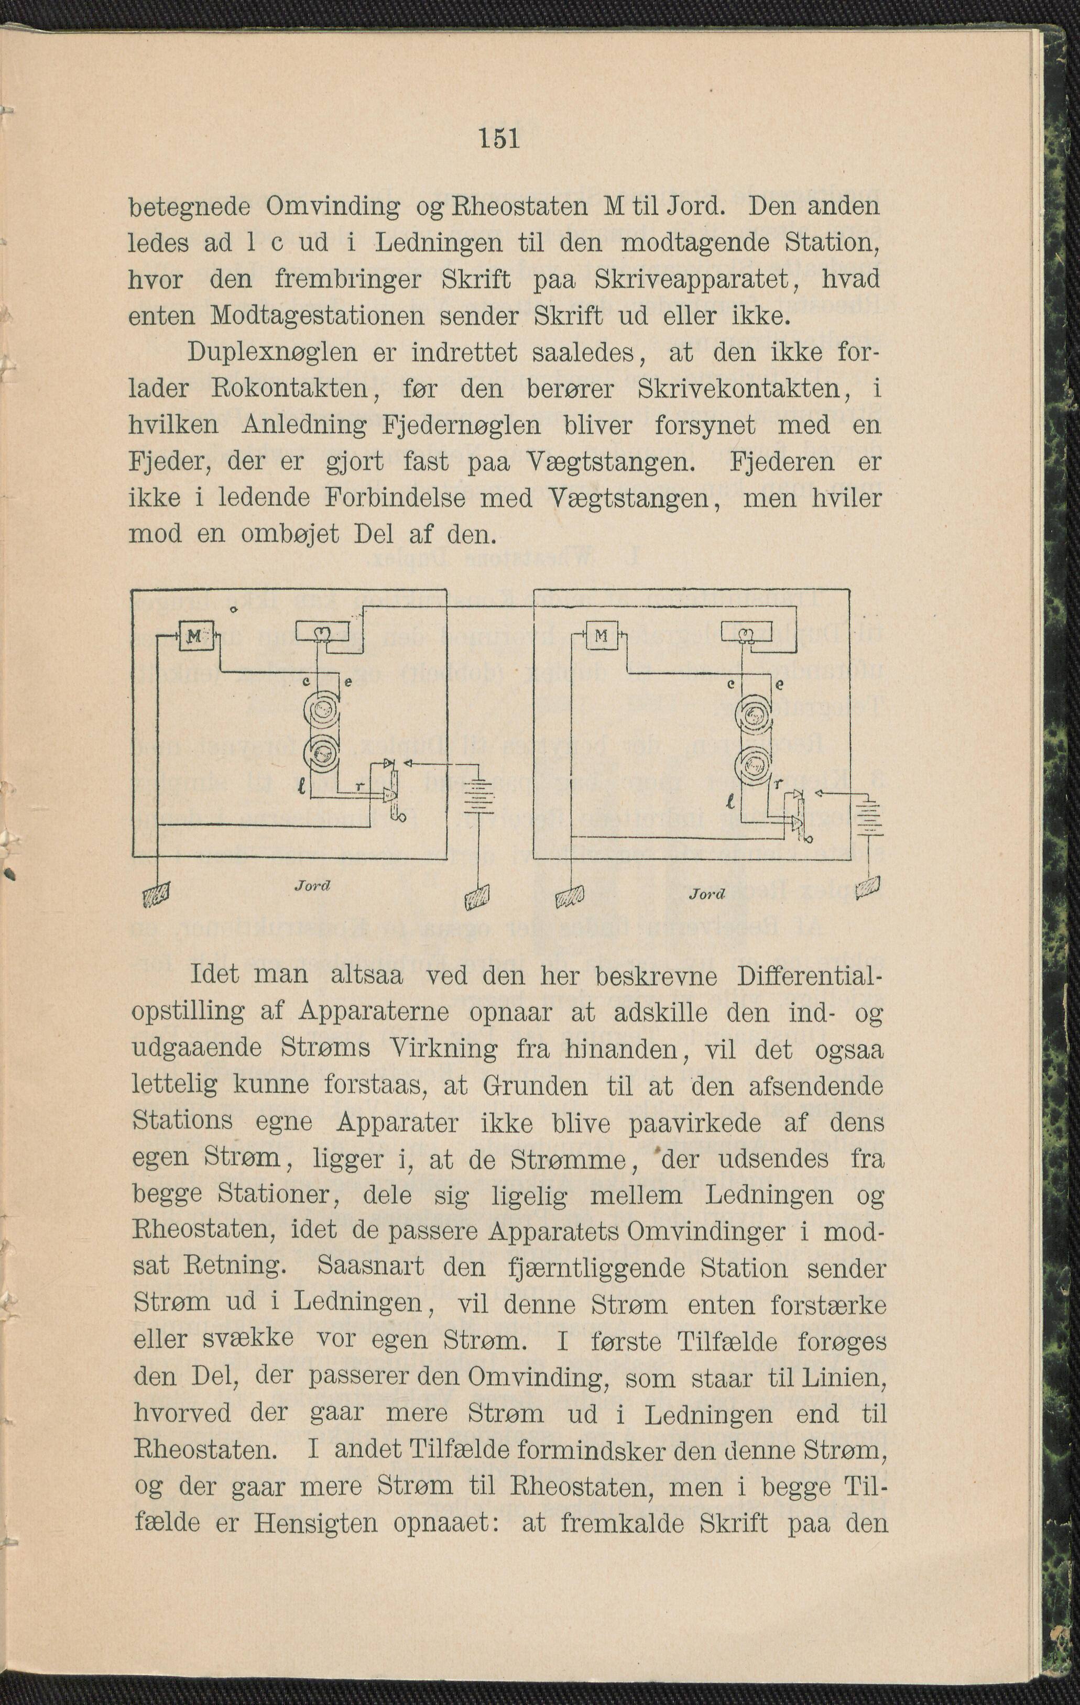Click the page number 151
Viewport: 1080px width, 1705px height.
499,138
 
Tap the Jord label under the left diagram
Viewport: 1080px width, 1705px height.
313,885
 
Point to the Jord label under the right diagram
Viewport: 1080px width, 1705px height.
707,894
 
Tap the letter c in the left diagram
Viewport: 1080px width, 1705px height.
306,680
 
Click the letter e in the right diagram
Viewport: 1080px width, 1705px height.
780,685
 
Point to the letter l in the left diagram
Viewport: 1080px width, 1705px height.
302,785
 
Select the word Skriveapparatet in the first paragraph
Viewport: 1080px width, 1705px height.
692,279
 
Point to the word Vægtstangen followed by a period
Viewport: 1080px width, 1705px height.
611,461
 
